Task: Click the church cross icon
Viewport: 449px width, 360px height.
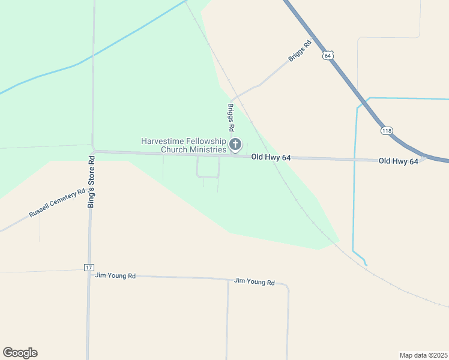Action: coord(235,144)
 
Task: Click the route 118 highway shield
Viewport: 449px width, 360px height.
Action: coord(386,130)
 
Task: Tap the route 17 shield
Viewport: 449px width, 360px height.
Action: coord(89,266)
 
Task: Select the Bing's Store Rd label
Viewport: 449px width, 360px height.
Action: coord(92,182)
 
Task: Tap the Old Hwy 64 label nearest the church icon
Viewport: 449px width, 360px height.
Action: coord(271,157)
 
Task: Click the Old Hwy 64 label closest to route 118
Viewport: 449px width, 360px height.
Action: coord(398,161)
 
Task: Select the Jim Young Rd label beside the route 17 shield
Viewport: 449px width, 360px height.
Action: coord(115,276)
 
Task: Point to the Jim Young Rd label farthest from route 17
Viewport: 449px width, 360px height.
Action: coord(254,281)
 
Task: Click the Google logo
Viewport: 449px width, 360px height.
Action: coord(20,353)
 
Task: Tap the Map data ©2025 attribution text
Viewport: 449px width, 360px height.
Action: coord(423,355)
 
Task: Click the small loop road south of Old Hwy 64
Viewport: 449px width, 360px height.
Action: coord(208,176)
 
